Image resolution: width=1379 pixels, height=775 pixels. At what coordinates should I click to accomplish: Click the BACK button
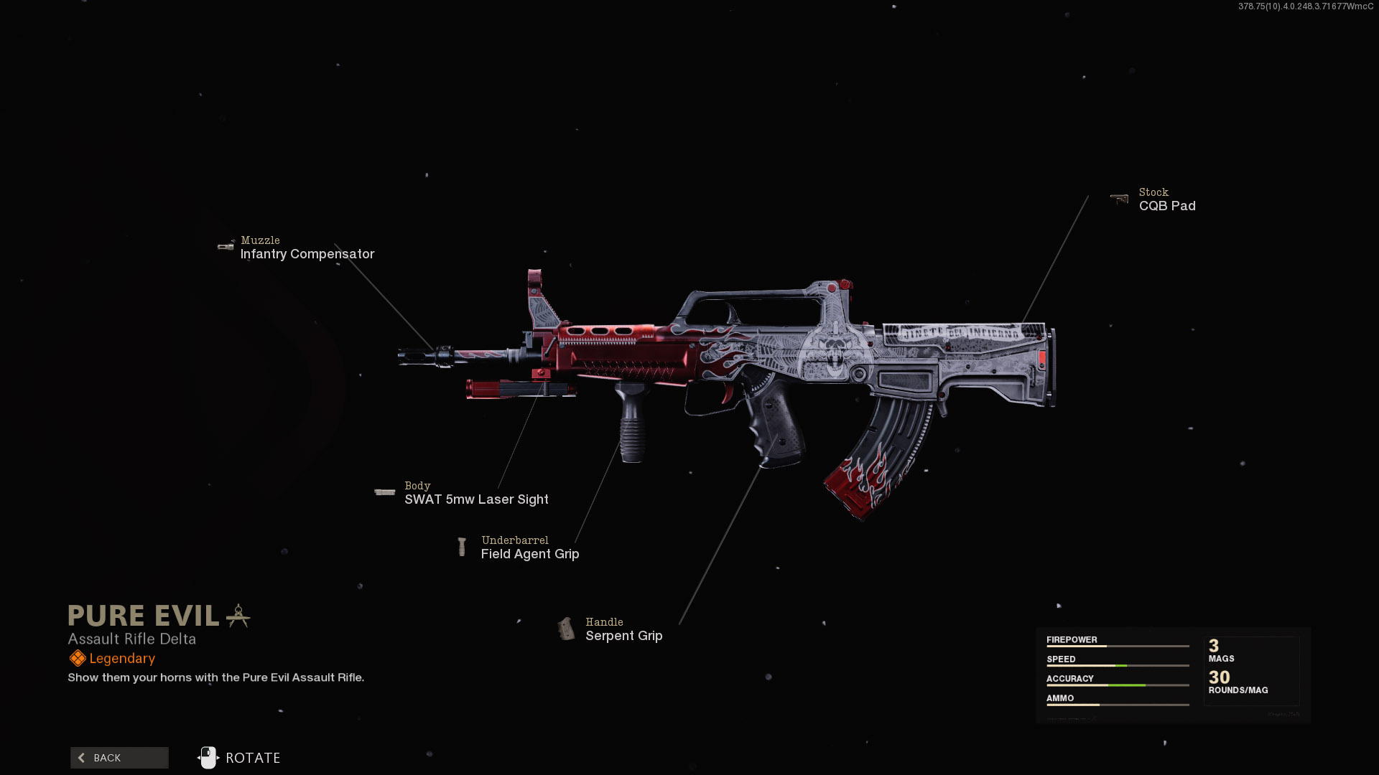[x=119, y=758]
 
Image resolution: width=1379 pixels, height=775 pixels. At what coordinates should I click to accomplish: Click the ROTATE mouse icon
[x=208, y=758]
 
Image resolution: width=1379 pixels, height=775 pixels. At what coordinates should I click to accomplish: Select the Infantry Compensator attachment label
[x=307, y=254]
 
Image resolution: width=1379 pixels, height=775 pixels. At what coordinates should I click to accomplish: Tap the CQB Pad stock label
[x=1167, y=206]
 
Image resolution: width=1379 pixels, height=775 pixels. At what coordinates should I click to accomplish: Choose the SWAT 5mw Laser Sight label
[x=476, y=499]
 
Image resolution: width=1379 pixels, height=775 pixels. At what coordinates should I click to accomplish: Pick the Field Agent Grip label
[x=530, y=554]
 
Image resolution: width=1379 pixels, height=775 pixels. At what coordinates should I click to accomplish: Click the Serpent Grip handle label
[x=623, y=636]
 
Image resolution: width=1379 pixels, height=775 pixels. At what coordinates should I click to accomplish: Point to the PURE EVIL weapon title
[x=144, y=616]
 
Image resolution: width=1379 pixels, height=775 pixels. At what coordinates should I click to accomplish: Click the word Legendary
[x=122, y=659]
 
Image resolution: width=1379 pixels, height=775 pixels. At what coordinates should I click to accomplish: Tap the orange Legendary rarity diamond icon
[x=78, y=659]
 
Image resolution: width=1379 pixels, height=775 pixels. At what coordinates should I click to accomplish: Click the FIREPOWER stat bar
[x=1118, y=646]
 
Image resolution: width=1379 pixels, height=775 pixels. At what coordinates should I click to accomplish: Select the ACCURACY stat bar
[x=1118, y=685]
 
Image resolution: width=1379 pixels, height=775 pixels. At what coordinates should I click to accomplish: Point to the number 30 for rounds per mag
[x=1219, y=677]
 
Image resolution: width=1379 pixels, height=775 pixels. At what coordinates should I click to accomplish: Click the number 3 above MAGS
[x=1214, y=646]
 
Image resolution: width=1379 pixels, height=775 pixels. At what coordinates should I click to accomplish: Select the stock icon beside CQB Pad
[x=1119, y=199]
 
